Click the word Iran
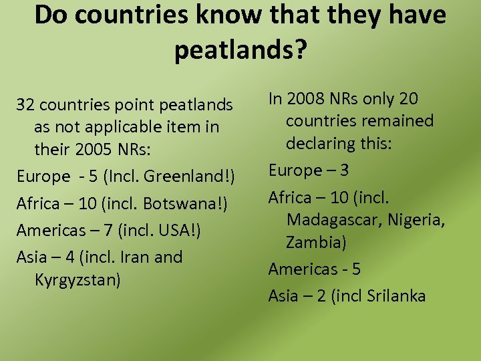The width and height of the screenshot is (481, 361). [x=138, y=257]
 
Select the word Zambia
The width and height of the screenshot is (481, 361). [x=315, y=242]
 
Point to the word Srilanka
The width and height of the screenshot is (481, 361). [x=396, y=295]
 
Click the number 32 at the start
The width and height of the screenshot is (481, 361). [x=25, y=105]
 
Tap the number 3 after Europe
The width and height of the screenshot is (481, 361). [x=343, y=170]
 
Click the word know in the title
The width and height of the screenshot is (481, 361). [x=205, y=15]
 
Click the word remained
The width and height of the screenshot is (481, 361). [x=398, y=121]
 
